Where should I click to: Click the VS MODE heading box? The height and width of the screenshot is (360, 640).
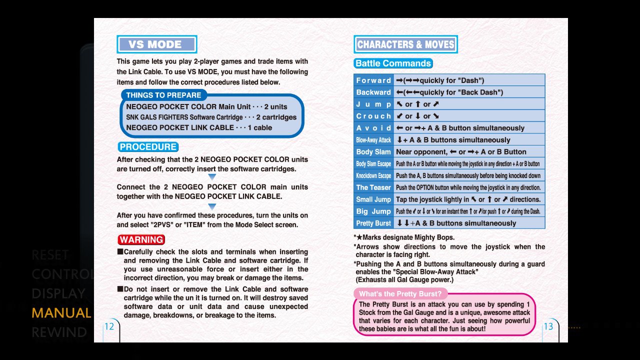point(156,44)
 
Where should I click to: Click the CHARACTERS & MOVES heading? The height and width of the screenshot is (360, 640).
point(405,44)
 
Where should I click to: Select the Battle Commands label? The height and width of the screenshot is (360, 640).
point(393,63)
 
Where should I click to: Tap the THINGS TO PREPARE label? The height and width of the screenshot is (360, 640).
point(163,95)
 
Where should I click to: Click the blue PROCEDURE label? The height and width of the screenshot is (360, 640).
point(148,147)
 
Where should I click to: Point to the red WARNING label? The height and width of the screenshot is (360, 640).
point(141,240)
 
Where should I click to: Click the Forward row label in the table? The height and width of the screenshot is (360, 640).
point(373,80)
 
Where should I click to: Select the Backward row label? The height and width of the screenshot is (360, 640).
point(373,92)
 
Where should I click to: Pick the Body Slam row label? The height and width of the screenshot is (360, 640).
point(373,152)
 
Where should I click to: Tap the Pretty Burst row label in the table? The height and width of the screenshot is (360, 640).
point(373,223)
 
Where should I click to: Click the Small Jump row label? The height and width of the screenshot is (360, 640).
point(373,199)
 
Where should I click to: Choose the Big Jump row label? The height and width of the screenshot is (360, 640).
point(373,211)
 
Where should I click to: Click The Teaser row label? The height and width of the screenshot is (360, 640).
point(373,187)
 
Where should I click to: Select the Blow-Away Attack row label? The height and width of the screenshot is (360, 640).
point(373,140)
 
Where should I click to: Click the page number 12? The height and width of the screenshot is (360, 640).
point(109,326)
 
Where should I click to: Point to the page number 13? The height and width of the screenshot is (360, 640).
point(548,326)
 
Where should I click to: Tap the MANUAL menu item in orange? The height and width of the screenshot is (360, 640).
point(61,313)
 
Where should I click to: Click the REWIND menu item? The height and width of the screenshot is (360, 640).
point(59,332)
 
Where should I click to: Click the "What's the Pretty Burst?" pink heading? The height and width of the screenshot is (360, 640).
point(401,294)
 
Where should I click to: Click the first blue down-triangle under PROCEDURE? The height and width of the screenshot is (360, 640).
point(212,177)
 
